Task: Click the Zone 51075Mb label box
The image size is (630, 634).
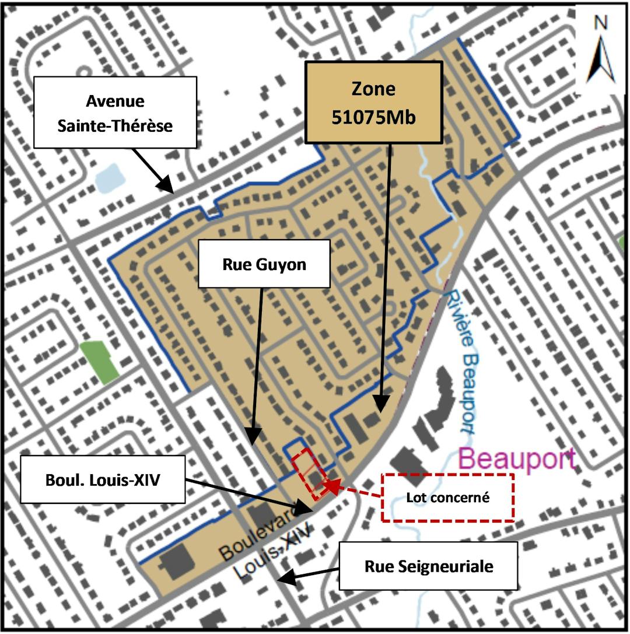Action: pos(373,102)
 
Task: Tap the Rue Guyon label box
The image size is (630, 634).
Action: pos(264,265)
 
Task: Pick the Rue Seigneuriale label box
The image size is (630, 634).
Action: pos(429,566)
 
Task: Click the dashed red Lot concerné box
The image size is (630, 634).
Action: pos(447,497)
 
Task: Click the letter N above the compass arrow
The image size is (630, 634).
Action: pos(600,23)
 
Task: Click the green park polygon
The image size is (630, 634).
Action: pos(99,362)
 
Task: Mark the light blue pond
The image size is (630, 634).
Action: pos(109,178)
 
